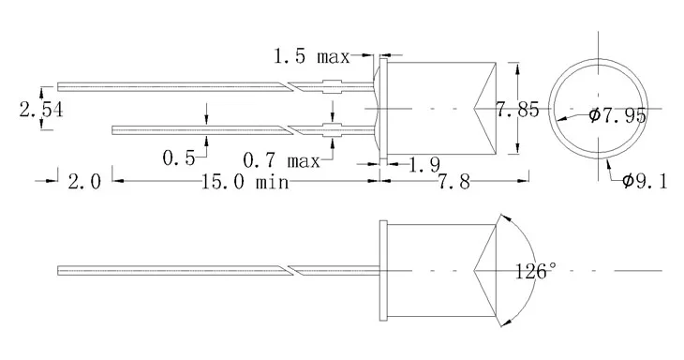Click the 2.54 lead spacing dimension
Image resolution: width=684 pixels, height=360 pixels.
pos(41,111)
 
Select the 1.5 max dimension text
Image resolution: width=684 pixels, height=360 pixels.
pos(310,57)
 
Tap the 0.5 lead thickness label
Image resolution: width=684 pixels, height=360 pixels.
pos(179,158)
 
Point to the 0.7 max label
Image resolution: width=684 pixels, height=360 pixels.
pos(282,158)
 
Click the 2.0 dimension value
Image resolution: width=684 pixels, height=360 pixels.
pos(82,181)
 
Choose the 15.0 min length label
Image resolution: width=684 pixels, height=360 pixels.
pos(243,181)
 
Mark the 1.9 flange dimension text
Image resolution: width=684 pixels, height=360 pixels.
pos(425,166)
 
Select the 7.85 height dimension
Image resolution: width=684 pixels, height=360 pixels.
pos(517,111)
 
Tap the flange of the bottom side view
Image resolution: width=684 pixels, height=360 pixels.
pos(381,271)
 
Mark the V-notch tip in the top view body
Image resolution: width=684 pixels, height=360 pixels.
pos(477,109)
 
